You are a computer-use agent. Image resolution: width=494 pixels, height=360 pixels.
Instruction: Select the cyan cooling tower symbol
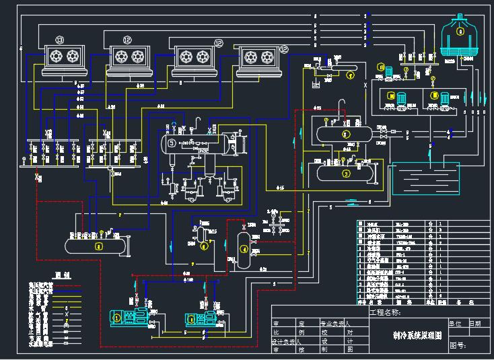pyautogui.click(x=460, y=37)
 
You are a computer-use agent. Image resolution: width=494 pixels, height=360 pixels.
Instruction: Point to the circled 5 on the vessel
pyautogui.click(x=172, y=143)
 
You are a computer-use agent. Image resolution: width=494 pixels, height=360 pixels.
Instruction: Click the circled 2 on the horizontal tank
pyautogui.click(x=347, y=133)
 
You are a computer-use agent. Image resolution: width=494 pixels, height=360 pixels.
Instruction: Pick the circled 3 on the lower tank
pyautogui.click(x=346, y=173)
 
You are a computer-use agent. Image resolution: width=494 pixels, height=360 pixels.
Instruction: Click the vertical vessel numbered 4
pyautogui.click(x=244, y=249)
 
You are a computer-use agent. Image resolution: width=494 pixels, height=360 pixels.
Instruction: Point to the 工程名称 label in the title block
pyautogui.click(x=384, y=312)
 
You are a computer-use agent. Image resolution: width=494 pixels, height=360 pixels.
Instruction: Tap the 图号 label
pyautogui.click(x=457, y=345)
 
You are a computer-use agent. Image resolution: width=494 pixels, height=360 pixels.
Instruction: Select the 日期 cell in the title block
pyautogui.click(x=475, y=323)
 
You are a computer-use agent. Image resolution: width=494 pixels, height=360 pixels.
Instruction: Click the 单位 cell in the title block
pyautogui.click(x=455, y=323)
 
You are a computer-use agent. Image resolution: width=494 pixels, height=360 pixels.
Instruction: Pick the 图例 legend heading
pyautogui.click(x=62, y=274)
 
